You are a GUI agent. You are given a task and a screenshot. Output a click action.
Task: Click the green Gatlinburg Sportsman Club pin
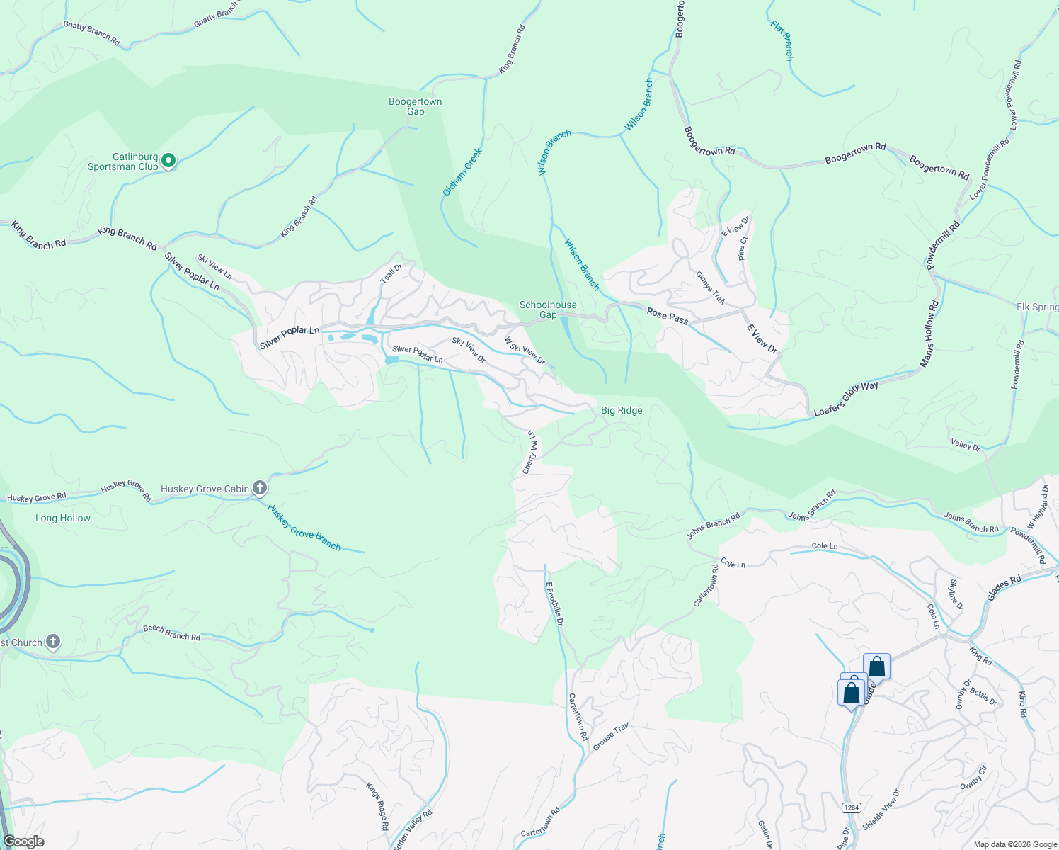[x=168, y=161]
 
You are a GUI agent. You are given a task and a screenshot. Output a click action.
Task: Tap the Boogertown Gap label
[x=415, y=106]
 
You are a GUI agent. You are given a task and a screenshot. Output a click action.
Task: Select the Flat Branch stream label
[x=782, y=40]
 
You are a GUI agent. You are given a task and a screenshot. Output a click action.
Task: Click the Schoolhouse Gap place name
[x=548, y=310]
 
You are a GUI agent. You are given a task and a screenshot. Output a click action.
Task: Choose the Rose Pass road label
[x=667, y=316]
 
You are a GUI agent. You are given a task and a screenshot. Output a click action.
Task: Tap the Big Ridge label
[x=622, y=410]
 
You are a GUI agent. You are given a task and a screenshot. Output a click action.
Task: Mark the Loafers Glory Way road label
[x=846, y=399]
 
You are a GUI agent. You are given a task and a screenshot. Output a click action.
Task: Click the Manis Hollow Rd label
[x=929, y=334]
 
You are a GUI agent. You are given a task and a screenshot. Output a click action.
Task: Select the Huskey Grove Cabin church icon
[x=260, y=488]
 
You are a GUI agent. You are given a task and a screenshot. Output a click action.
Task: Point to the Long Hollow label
[x=63, y=518]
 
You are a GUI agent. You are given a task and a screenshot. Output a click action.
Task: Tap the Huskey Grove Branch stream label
[x=304, y=528]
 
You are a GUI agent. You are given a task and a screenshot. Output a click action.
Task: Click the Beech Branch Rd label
[x=171, y=633]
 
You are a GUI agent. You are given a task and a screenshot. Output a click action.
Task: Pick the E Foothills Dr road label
[x=554, y=603]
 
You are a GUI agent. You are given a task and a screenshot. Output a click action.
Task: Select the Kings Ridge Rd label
[x=377, y=806]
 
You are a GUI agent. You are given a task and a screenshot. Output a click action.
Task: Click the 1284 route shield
[x=851, y=807]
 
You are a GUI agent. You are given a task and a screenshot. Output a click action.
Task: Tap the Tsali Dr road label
[x=391, y=273]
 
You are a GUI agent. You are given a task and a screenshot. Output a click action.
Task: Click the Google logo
[x=23, y=841]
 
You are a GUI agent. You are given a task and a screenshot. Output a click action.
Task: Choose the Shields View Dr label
[x=881, y=810]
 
